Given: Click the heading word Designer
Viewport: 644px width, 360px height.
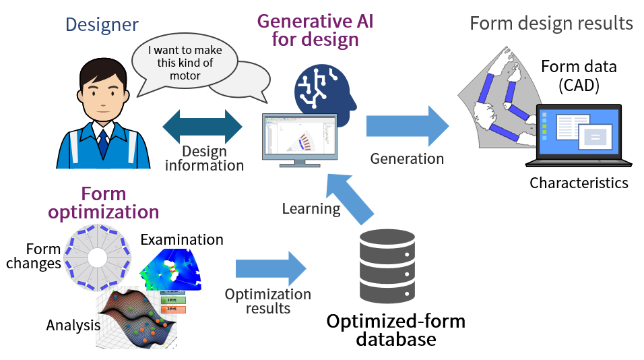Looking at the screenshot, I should point(102,26).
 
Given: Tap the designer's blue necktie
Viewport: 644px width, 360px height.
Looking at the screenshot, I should point(102,142).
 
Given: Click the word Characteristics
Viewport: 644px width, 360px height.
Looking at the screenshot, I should point(579,183).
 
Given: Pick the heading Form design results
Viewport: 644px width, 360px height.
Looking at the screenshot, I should point(551,23).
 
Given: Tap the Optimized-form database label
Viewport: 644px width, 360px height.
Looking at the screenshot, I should point(395,329).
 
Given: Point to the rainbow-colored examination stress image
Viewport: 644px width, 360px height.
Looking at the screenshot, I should point(171,270).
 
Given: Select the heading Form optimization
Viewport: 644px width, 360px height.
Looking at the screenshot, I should point(104,202).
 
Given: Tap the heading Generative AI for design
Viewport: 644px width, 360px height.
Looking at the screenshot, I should point(315,30).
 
